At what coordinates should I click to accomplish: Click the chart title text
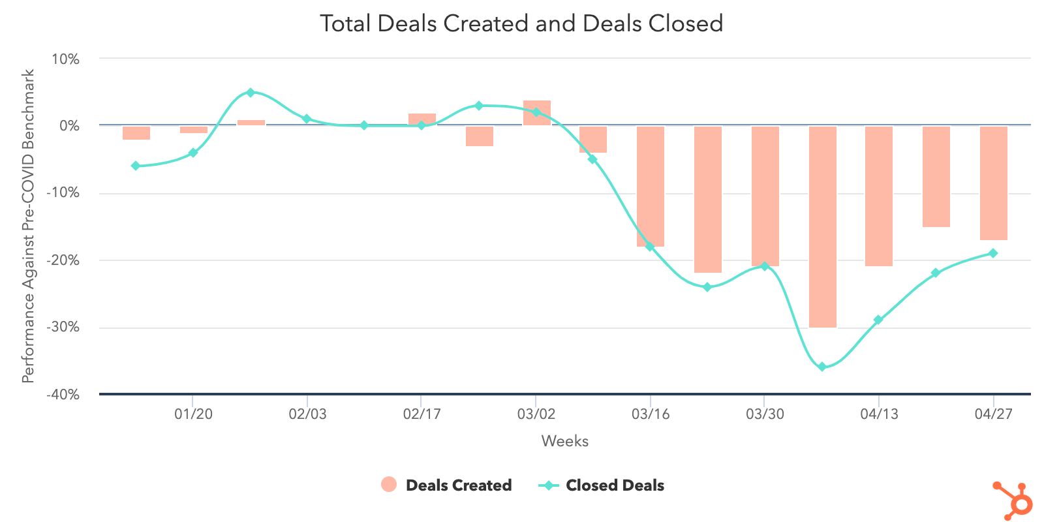[x=521, y=23]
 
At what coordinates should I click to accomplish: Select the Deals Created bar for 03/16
[x=651, y=186]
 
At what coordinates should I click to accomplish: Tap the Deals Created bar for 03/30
[x=765, y=196]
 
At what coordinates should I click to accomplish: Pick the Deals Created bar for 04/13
[x=879, y=196]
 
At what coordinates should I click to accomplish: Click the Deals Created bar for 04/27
[x=993, y=183]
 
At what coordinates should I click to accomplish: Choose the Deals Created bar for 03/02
[x=536, y=113]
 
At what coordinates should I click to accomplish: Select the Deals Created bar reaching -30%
[x=822, y=226]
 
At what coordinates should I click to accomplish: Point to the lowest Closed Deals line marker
[x=822, y=367]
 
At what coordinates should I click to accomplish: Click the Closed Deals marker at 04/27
[x=993, y=253]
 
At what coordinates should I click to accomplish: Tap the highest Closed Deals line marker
[x=250, y=93]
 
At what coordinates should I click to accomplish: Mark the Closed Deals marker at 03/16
[x=650, y=247]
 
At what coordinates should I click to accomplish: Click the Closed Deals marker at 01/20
[x=193, y=153]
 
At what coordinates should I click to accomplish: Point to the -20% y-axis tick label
[x=63, y=260]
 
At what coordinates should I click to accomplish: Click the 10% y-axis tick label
[x=65, y=59]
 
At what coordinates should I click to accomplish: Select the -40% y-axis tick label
[x=63, y=395]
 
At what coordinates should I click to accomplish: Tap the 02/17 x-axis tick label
[x=422, y=414]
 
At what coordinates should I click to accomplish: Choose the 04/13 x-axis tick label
[x=879, y=414]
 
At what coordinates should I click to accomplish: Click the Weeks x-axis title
[x=564, y=442]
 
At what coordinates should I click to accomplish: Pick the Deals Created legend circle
[x=389, y=485]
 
